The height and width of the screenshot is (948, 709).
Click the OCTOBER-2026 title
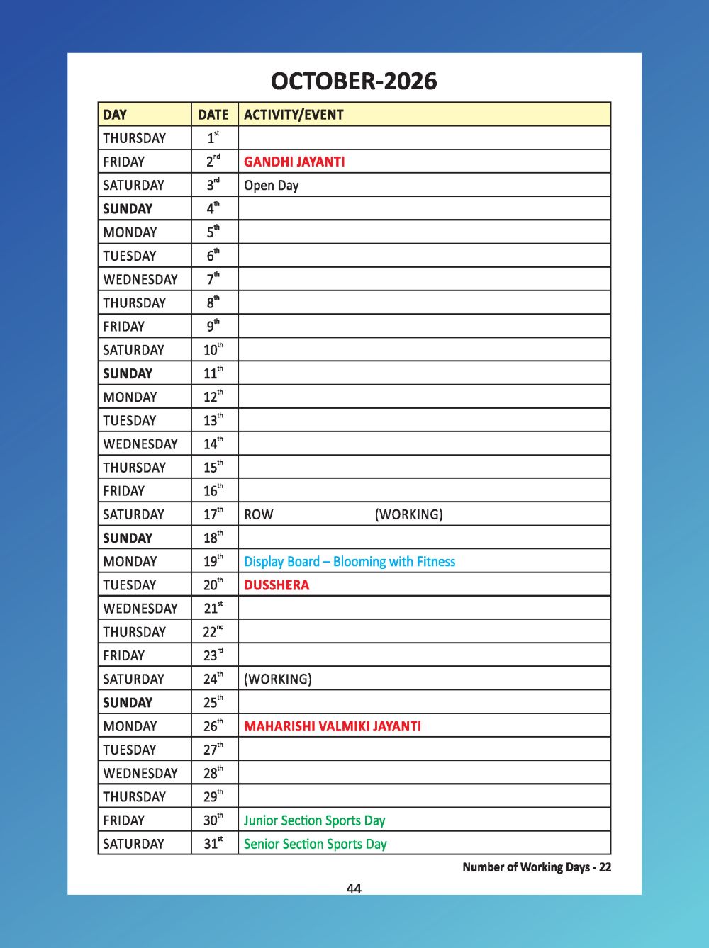click(x=354, y=81)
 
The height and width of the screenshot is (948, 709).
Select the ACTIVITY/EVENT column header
click(x=294, y=115)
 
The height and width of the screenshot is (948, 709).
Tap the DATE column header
click(x=213, y=115)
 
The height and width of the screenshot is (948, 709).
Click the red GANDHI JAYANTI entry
click(x=294, y=162)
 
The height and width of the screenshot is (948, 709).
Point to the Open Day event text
click(x=272, y=186)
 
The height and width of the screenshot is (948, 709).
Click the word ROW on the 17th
click(x=259, y=514)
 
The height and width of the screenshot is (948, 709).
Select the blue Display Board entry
click(x=350, y=562)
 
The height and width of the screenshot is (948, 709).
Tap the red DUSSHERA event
click(x=277, y=585)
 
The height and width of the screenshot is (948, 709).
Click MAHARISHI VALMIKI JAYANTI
click(x=333, y=726)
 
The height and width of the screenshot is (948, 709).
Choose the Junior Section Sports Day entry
click(x=315, y=820)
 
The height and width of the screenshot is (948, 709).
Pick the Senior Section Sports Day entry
click(x=316, y=844)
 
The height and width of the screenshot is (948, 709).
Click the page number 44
click(x=354, y=888)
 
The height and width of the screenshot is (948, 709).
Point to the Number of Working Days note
click(x=537, y=867)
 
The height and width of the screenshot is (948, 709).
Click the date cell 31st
click(x=213, y=844)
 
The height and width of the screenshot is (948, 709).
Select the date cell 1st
click(x=213, y=138)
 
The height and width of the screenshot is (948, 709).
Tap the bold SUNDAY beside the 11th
click(x=128, y=373)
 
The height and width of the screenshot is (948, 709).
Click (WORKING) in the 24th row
click(x=278, y=679)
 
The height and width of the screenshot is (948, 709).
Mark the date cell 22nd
click(x=213, y=632)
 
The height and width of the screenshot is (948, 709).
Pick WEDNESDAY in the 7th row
click(x=140, y=279)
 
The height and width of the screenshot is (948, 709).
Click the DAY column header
click(x=115, y=115)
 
